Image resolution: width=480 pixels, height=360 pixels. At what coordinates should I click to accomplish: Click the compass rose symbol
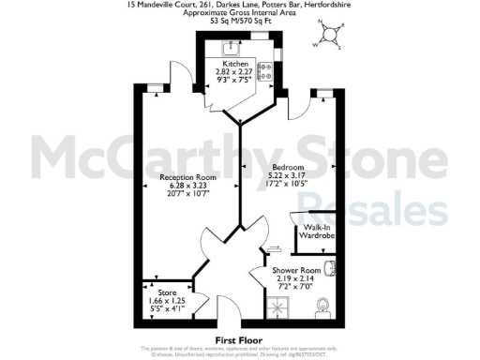pos(330,35)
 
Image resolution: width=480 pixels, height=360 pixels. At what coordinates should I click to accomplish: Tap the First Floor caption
pos(239,338)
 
